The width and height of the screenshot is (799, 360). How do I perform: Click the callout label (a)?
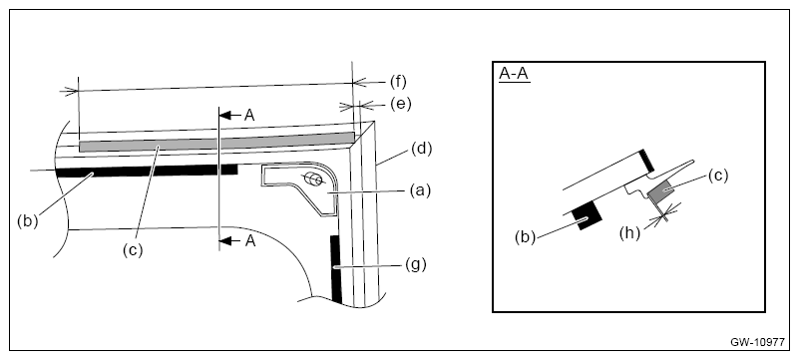[420, 190]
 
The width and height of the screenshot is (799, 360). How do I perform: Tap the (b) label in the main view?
[27, 222]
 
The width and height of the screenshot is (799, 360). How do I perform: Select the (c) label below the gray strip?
[133, 250]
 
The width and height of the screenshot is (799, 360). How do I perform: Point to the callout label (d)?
[421, 149]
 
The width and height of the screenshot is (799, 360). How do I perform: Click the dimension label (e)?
[401, 104]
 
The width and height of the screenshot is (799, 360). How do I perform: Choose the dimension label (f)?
[398, 82]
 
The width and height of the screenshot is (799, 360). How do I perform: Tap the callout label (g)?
[416, 264]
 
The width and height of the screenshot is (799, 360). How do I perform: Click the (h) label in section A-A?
[629, 233]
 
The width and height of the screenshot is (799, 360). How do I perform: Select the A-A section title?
[514, 74]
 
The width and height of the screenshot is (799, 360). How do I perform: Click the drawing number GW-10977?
[758, 342]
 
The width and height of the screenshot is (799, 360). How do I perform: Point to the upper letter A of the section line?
[249, 115]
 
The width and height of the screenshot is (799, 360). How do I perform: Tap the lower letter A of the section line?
[250, 241]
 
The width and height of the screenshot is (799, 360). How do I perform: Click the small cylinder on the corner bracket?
[313, 180]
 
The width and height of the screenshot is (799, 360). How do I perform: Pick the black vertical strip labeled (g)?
[336, 269]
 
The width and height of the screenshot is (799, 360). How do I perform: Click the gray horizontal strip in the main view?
[216, 142]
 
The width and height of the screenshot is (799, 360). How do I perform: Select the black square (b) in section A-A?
[588, 215]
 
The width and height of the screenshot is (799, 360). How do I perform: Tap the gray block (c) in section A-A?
[661, 192]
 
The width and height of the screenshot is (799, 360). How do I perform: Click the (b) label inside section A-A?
[525, 237]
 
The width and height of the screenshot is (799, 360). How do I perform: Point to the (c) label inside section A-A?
[718, 176]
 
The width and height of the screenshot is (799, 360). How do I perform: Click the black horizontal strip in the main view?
[147, 172]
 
